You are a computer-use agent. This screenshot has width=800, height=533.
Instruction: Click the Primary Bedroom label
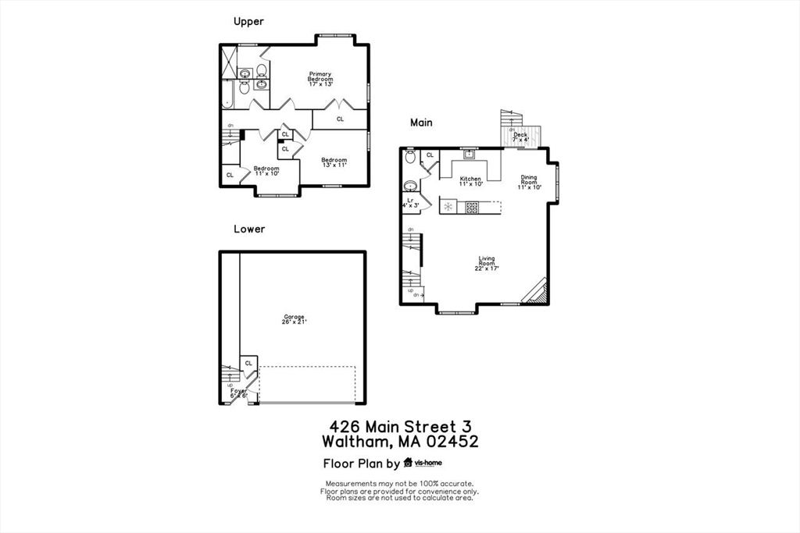(320, 78)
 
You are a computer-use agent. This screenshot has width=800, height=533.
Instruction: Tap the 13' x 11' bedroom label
(334, 162)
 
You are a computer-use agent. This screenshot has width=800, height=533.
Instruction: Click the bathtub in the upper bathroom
(227, 94)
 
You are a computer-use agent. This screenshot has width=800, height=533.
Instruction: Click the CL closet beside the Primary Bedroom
(340, 119)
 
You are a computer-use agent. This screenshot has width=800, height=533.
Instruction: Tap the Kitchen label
(470, 181)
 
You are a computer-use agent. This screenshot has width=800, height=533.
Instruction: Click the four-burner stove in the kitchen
(472, 207)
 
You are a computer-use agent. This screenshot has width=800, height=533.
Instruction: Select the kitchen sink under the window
(469, 155)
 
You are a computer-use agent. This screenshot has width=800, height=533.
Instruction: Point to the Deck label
(520, 137)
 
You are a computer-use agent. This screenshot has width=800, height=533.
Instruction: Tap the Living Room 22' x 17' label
(486, 263)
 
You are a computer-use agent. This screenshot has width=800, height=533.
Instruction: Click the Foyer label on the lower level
(238, 393)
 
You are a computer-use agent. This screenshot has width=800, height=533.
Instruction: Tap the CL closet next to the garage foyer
(248, 363)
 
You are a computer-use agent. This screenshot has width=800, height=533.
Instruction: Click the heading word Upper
(248, 21)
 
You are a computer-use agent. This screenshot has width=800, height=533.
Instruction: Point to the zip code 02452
(450, 442)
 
